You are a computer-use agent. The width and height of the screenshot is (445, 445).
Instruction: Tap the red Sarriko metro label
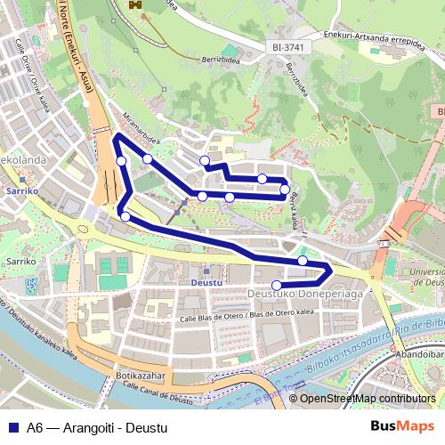pyautogui.click(x=20, y=190)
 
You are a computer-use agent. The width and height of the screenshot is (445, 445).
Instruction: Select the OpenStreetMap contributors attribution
pyautogui.click(x=368, y=398)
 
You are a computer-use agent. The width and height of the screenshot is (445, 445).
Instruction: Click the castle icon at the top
pyautogui.click(x=136, y=5)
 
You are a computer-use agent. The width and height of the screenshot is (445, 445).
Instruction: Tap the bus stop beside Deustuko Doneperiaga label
pyautogui.click(x=278, y=285)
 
